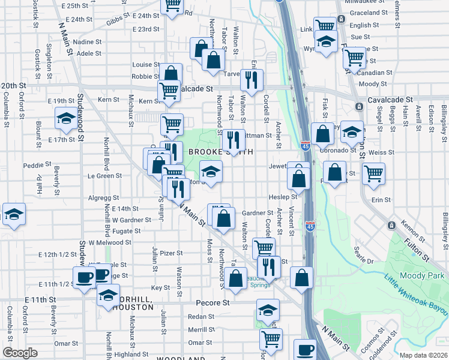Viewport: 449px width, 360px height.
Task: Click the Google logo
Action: point(20,353)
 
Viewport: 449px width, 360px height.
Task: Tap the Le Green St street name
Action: point(105,176)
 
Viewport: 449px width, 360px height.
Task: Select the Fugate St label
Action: point(127,230)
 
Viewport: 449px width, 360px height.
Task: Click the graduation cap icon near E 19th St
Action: point(65,118)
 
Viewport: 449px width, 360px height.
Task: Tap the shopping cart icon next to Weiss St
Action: point(373,173)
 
